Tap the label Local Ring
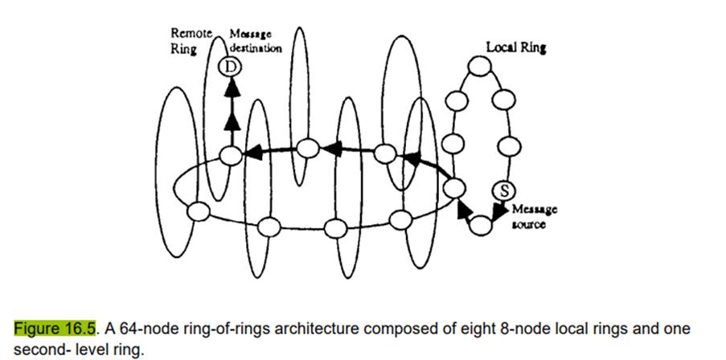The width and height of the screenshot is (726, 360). pos(515,48)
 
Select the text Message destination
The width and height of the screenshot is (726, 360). pos(255,41)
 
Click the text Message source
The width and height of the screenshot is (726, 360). pos(535,217)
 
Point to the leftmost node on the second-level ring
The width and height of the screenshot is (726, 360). pos(197,211)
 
